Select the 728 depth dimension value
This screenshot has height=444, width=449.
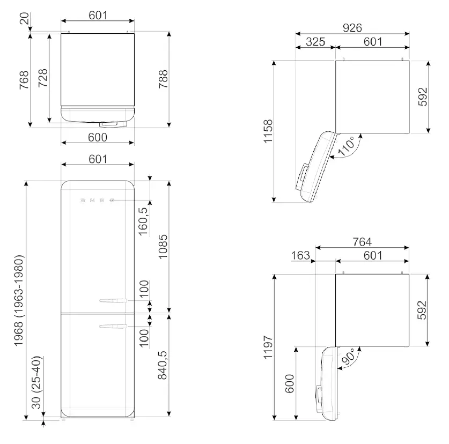coord(43,80)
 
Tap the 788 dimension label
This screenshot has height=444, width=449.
coord(164,80)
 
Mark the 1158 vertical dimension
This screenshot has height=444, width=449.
coord(269,132)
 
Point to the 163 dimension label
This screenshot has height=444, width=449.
coord(300,255)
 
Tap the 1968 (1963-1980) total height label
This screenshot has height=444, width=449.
coord(19,300)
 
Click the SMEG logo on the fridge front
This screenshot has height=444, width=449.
coord(97,200)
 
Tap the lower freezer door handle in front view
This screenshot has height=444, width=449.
coord(113,324)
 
